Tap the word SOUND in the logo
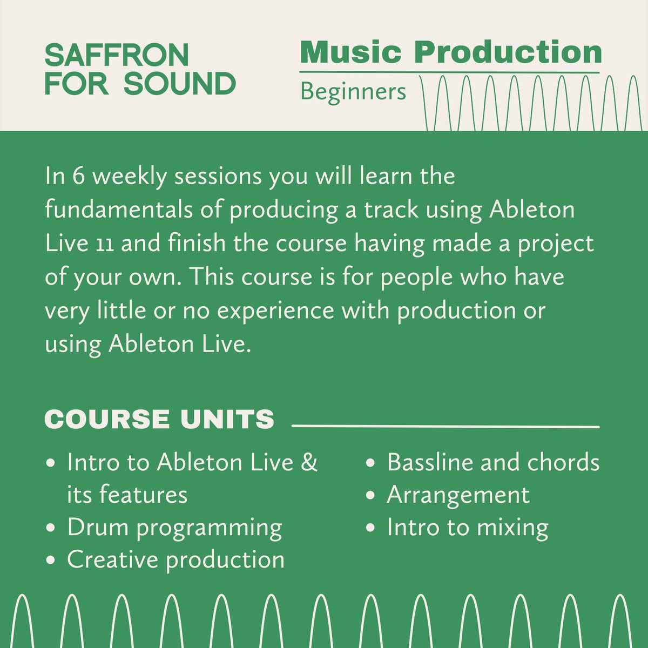[x=179, y=84]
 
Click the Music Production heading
[x=451, y=52]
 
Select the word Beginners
[x=353, y=91]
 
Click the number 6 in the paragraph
[x=79, y=177]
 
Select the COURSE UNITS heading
[x=159, y=420]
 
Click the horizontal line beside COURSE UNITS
[x=446, y=427]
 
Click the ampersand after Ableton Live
[x=309, y=463]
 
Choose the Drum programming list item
[x=174, y=528]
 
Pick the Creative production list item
[x=175, y=560]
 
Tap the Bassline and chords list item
[x=493, y=463]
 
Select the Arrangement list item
[x=458, y=496]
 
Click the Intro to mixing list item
[x=468, y=528]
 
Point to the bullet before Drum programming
[x=51, y=528]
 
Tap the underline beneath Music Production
[x=450, y=72]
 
